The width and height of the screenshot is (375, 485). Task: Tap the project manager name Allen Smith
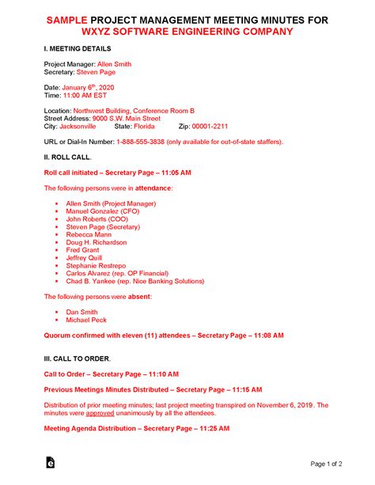[x=113, y=63]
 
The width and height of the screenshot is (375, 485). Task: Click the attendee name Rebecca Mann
[x=89, y=235]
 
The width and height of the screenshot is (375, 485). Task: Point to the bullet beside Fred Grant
[x=57, y=250]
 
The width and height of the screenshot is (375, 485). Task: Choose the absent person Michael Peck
[x=87, y=320]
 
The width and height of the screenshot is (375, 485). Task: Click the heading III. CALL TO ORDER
[x=78, y=358]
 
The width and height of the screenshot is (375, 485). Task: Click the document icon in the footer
[x=51, y=463]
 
